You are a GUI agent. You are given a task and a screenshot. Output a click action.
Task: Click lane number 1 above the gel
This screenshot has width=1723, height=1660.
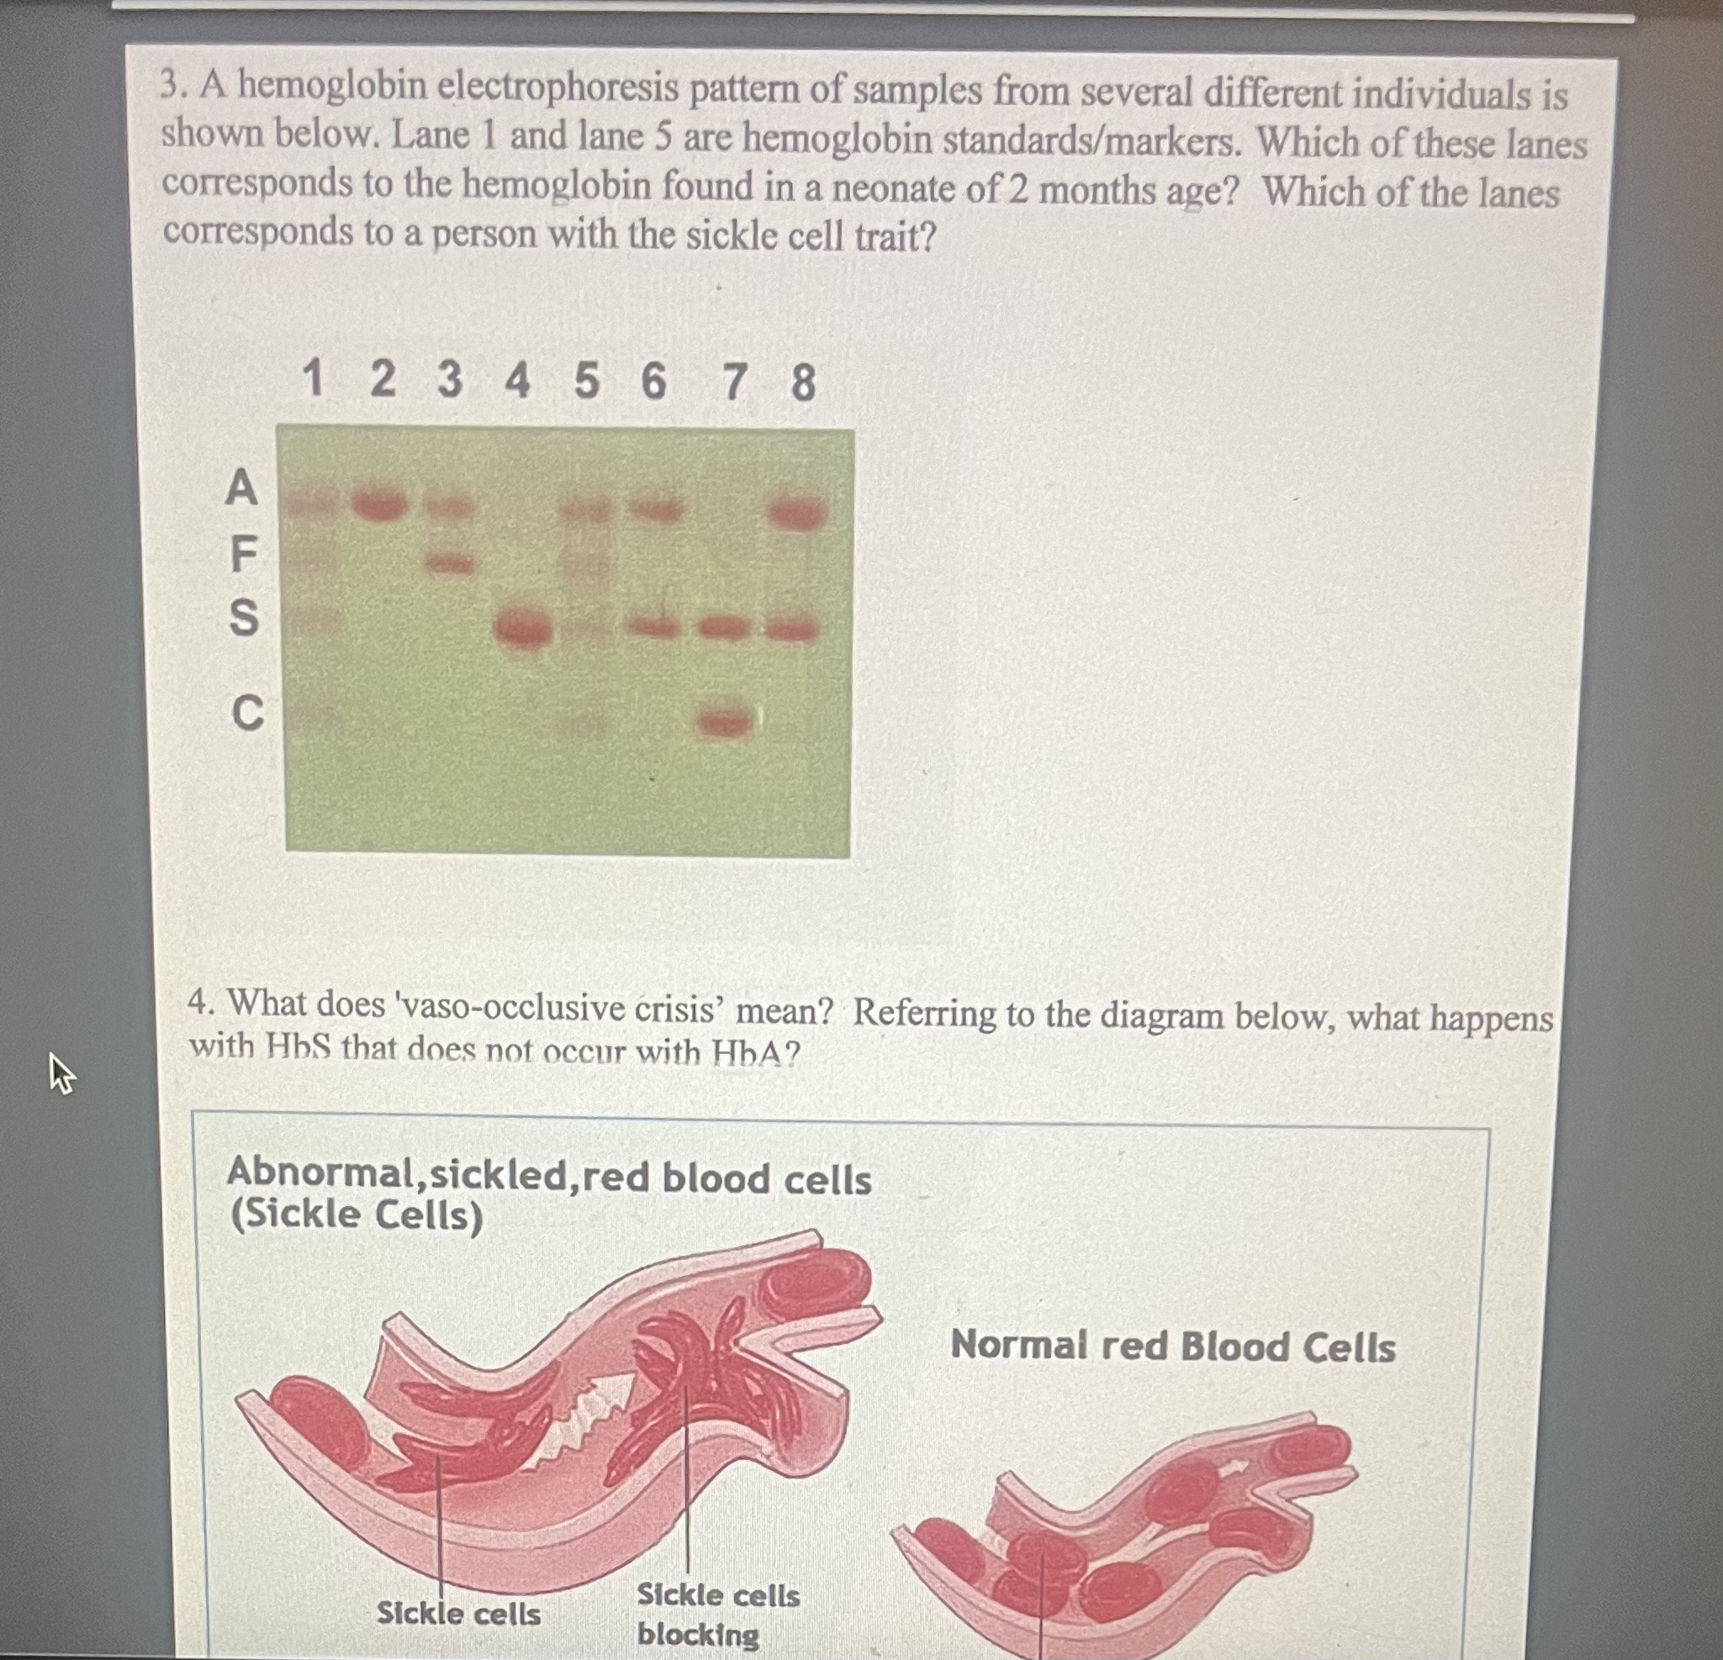(x=312, y=380)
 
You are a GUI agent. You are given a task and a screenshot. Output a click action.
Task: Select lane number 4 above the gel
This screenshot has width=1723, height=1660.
(x=517, y=381)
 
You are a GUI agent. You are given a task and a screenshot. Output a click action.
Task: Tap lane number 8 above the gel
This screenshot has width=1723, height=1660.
(x=802, y=383)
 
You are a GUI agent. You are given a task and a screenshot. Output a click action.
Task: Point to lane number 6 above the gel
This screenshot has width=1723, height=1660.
(x=653, y=382)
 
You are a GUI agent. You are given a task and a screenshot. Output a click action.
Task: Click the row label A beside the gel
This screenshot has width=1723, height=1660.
(x=240, y=487)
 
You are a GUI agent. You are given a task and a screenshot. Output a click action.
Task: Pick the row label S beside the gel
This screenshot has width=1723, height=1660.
(x=244, y=617)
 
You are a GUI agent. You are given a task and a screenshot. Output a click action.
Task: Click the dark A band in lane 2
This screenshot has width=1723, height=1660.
(x=380, y=505)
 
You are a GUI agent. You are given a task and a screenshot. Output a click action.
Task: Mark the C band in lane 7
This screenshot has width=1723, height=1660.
(x=724, y=722)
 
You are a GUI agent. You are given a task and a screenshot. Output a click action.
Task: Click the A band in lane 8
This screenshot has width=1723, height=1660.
(x=797, y=514)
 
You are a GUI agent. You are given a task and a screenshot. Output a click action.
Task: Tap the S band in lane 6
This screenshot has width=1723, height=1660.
(x=654, y=628)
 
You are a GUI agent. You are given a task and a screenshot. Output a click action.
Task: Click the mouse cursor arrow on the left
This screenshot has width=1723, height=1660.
(x=60, y=1073)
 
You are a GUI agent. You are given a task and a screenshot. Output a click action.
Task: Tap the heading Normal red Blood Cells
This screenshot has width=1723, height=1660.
(x=1173, y=1346)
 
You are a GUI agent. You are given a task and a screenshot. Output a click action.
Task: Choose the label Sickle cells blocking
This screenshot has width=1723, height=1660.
(x=717, y=1615)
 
